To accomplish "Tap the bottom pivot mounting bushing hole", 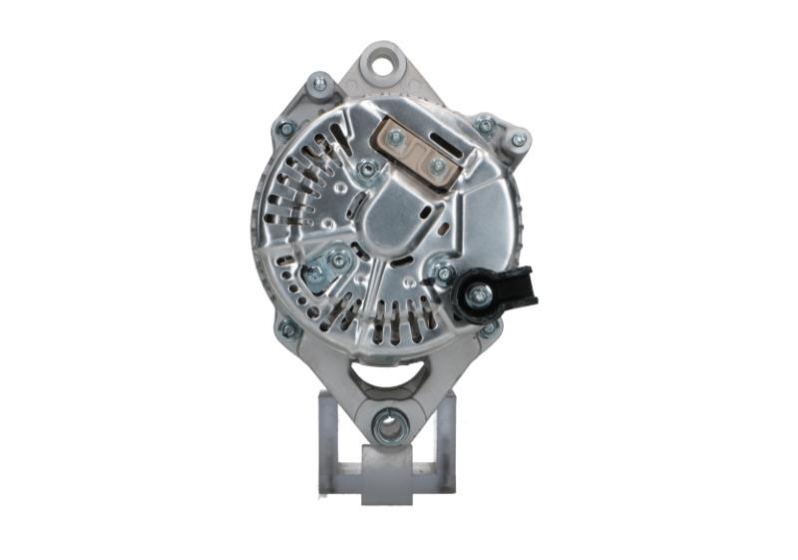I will tap(390, 426).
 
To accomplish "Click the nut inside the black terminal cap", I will tap(479, 294).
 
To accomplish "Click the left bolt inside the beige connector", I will tap(396, 138).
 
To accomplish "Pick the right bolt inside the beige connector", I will tap(437, 166).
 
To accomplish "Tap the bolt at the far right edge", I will tap(518, 141).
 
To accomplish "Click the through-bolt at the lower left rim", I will tap(288, 328).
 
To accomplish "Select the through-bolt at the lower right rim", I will tap(489, 326).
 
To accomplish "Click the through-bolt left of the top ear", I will tap(319, 86).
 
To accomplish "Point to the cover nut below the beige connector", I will tap(367, 170).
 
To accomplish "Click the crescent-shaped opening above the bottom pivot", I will tap(390, 376).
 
